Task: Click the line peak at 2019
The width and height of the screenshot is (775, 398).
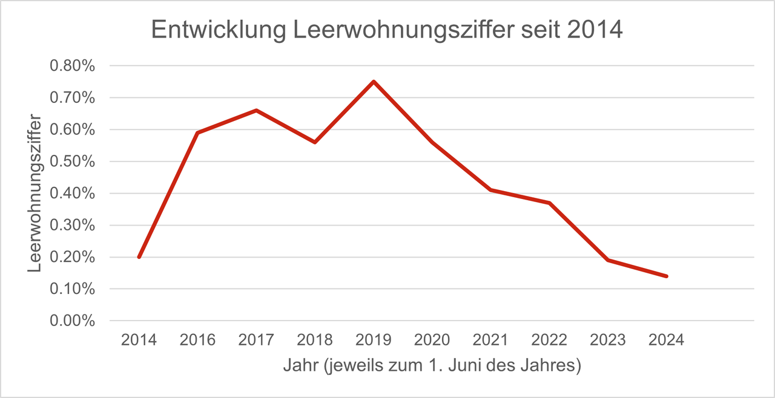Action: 374,82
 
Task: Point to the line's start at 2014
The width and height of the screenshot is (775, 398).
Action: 139,257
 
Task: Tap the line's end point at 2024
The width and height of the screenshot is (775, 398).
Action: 667,276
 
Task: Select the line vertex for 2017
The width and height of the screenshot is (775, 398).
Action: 256,110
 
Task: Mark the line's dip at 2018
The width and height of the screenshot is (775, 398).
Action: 315,142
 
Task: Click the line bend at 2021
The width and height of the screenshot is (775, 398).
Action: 491,190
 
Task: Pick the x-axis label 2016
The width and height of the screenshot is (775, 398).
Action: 197,340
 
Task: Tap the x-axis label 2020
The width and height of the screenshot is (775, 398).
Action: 432,340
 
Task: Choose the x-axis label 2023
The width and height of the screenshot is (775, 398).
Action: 608,340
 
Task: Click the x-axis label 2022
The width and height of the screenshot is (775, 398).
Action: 550,340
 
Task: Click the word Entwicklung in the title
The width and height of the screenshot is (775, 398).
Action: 216,31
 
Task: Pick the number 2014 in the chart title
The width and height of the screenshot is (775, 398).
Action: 595,31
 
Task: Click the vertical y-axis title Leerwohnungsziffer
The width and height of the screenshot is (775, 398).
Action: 35,192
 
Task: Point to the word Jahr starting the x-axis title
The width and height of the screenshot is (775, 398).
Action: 297,367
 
